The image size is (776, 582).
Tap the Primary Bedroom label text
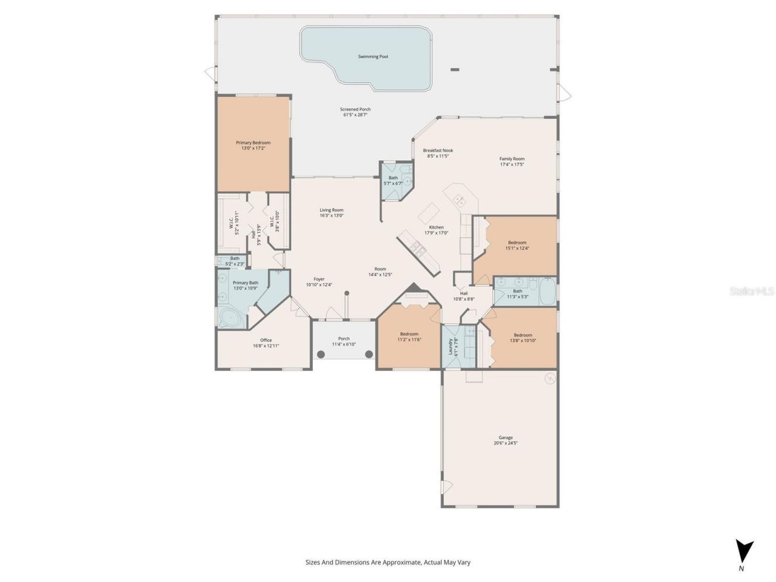point(253,142)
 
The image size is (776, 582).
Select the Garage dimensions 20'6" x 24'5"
point(506,443)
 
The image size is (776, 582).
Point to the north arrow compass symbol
point(744,552)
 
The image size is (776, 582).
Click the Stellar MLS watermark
point(752,291)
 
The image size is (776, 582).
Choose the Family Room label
point(512,159)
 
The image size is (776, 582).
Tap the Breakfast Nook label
point(438,150)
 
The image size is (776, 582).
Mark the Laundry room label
point(450,347)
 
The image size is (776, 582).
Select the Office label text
point(266,340)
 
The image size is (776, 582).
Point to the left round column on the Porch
point(321,354)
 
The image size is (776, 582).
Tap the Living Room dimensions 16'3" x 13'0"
point(332,215)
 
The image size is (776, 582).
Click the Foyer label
point(319,279)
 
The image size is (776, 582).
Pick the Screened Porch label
point(355,109)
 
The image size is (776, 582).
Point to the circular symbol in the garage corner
point(550,379)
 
